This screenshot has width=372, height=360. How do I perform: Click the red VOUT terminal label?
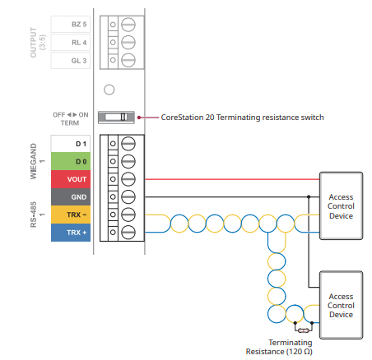pyautogui.click(x=71, y=179)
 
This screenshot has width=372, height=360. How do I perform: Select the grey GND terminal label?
pyautogui.click(x=71, y=197)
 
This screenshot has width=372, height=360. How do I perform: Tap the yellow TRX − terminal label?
pyautogui.click(x=71, y=215)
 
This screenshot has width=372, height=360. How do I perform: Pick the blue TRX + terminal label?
pyautogui.click(x=71, y=233)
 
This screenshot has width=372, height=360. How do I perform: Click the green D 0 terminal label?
pyautogui.click(x=71, y=161)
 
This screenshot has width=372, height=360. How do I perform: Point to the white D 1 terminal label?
pyautogui.click(x=71, y=144)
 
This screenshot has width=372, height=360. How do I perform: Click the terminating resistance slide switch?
pyautogui.click(x=116, y=118)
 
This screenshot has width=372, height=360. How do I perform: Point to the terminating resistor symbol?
pyautogui.click(x=303, y=330)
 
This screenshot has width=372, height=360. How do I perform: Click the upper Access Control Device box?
pyautogui.click(x=341, y=205)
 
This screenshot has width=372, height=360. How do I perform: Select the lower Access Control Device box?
pyautogui.click(x=341, y=305)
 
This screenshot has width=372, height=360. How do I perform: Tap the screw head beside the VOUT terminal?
pyautogui.click(x=128, y=179)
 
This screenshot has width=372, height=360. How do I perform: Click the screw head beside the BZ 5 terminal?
pyautogui.click(x=128, y=25)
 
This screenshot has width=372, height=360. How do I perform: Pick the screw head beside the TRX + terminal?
pyautogui.click(x=128, y=233)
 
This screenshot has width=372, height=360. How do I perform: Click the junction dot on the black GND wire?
pyautogui.click(x=309, y=196)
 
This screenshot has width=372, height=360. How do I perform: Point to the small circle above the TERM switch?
pyautogui.click(x=109, y=90)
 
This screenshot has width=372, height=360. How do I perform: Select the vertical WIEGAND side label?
pyautogui.click(x=34, y=161)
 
